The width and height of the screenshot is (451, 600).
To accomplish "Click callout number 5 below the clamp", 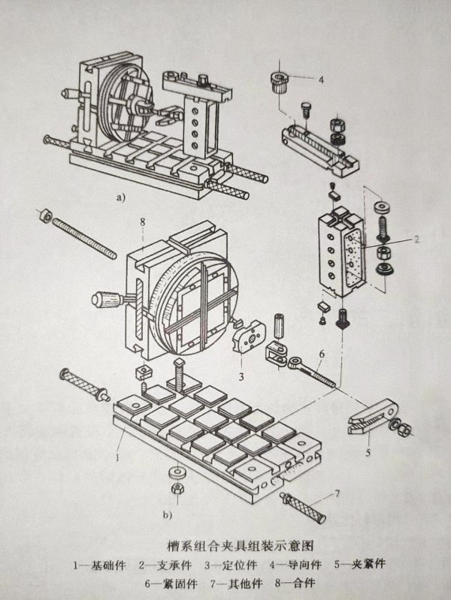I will click(368, 453).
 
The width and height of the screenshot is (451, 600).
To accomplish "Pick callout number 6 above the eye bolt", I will click(321, 354).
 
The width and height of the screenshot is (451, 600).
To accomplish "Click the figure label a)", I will click(120, 197).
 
